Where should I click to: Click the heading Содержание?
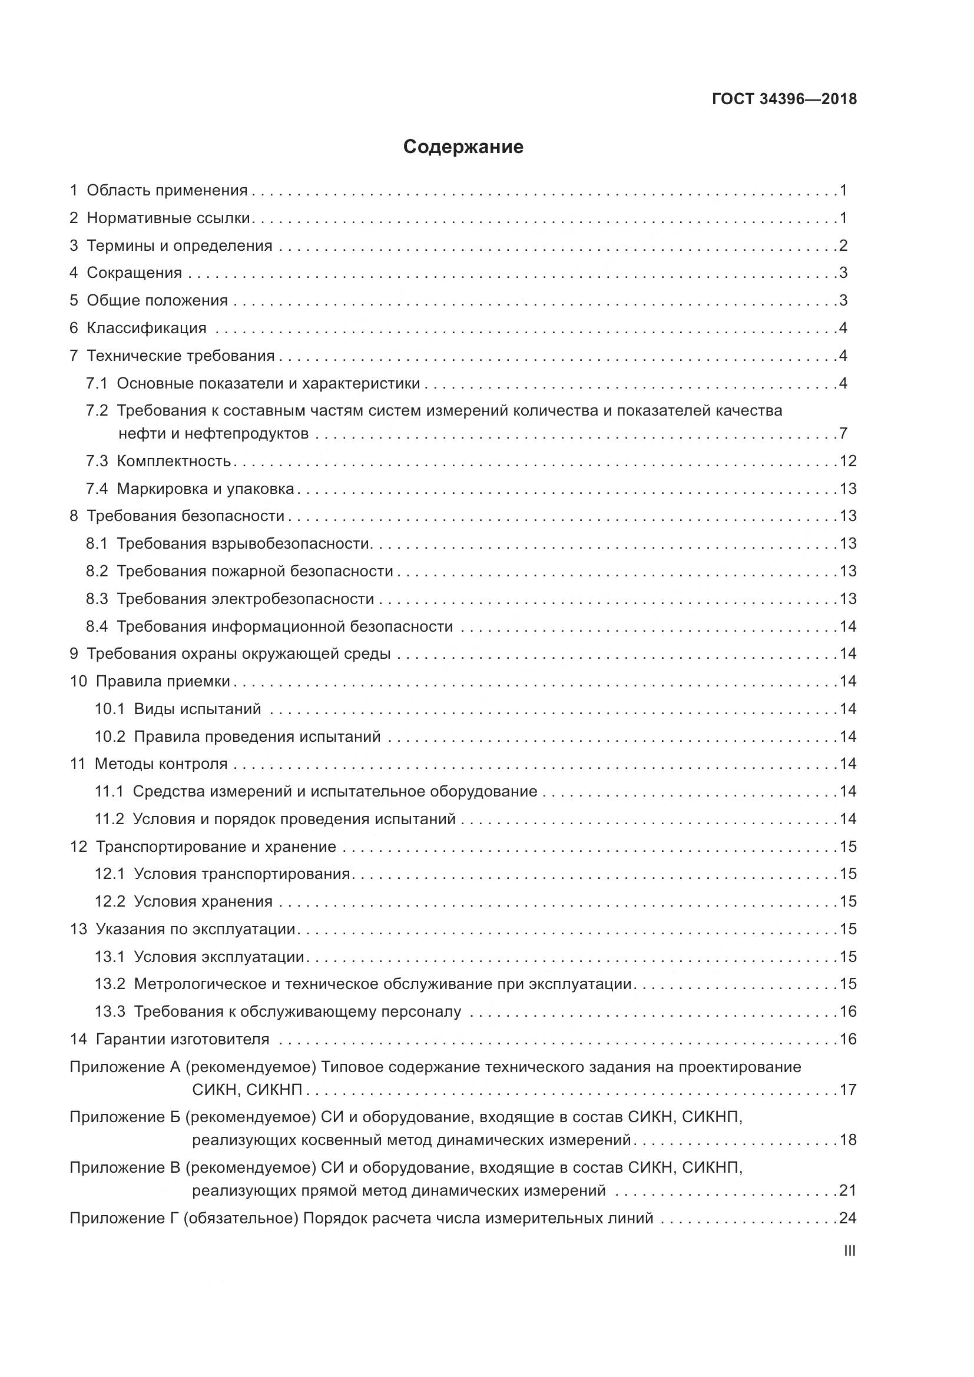click(463, 147)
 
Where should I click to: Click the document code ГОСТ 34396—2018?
click(784, 99)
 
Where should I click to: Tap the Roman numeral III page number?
click(849, 1250)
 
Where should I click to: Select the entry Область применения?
click(167, 191)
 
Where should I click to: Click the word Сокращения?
click(134, 273)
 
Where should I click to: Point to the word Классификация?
click(147, 328)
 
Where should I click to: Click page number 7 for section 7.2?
click(843, 433)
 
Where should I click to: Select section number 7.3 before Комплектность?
click(97, 460)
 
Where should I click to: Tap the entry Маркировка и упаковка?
click(205, 489)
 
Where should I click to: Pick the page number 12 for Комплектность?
click(848, 460)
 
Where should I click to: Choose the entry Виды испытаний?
click(197, 709)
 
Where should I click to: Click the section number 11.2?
click(109, 819)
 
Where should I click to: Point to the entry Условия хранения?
click(203, 901)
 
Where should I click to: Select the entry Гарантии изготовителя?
click(183, 1038)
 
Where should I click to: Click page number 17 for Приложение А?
click(848, 1089)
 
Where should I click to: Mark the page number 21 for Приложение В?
click(848, 1190)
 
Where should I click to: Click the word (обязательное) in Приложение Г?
click(241, 1217)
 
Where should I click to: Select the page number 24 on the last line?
click(848, 1217)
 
